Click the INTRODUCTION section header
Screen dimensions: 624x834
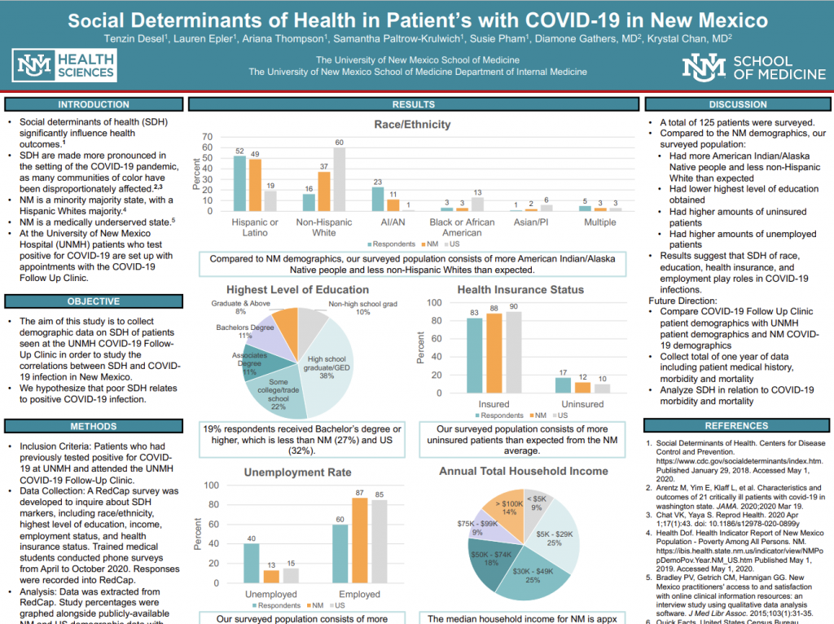93,104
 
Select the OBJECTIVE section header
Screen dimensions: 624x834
93,301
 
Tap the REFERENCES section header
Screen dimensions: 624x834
736,425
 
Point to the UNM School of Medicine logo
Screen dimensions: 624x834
737,67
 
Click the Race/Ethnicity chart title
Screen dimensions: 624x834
411,124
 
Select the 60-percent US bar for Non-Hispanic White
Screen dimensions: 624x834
339,178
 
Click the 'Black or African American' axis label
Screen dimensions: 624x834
462,227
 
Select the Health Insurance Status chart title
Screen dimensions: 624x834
520,289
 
